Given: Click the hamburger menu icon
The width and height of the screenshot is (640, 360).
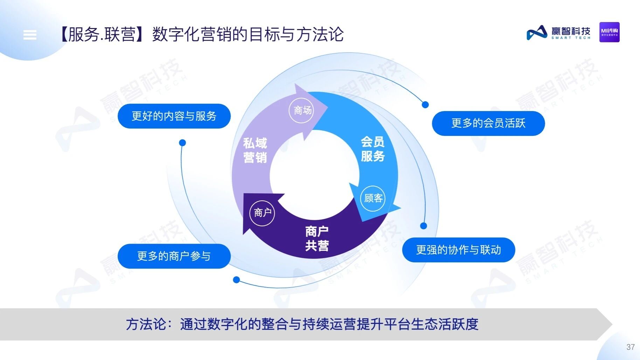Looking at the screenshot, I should [30, 35].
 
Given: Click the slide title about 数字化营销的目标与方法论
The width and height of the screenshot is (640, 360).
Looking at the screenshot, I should [202, 34].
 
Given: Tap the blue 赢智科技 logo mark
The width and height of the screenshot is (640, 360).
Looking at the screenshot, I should [537, 33].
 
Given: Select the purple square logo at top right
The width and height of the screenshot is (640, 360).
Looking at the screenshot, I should [609, 32].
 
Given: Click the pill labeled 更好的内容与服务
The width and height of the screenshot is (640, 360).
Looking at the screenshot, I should [174, 116].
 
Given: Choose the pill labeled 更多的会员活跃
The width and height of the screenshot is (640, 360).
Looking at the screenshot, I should [488, 123].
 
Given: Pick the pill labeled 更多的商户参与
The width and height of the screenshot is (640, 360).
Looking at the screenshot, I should [174, 256].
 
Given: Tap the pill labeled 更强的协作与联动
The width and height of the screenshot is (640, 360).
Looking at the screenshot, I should [458, 250].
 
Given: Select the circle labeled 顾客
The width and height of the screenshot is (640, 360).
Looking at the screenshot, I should [373, 198].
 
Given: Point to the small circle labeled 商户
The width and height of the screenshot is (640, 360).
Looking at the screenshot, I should [262, 213].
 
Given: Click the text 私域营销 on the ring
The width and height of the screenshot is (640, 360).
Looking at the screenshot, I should [255, 150].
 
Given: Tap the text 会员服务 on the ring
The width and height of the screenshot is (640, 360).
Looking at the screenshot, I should [373, 149].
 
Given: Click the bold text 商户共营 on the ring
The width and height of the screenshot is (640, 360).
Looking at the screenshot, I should [317, 238].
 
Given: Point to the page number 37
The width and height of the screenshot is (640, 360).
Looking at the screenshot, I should [630, 347].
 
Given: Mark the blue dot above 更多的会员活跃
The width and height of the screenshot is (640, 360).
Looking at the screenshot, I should [425, 104].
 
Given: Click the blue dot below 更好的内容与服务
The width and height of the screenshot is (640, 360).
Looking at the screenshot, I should [182, 143].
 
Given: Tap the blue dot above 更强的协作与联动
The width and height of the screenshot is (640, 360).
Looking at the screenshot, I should [424, 226].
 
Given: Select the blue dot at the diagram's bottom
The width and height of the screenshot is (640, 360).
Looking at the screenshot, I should [236, 280].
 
